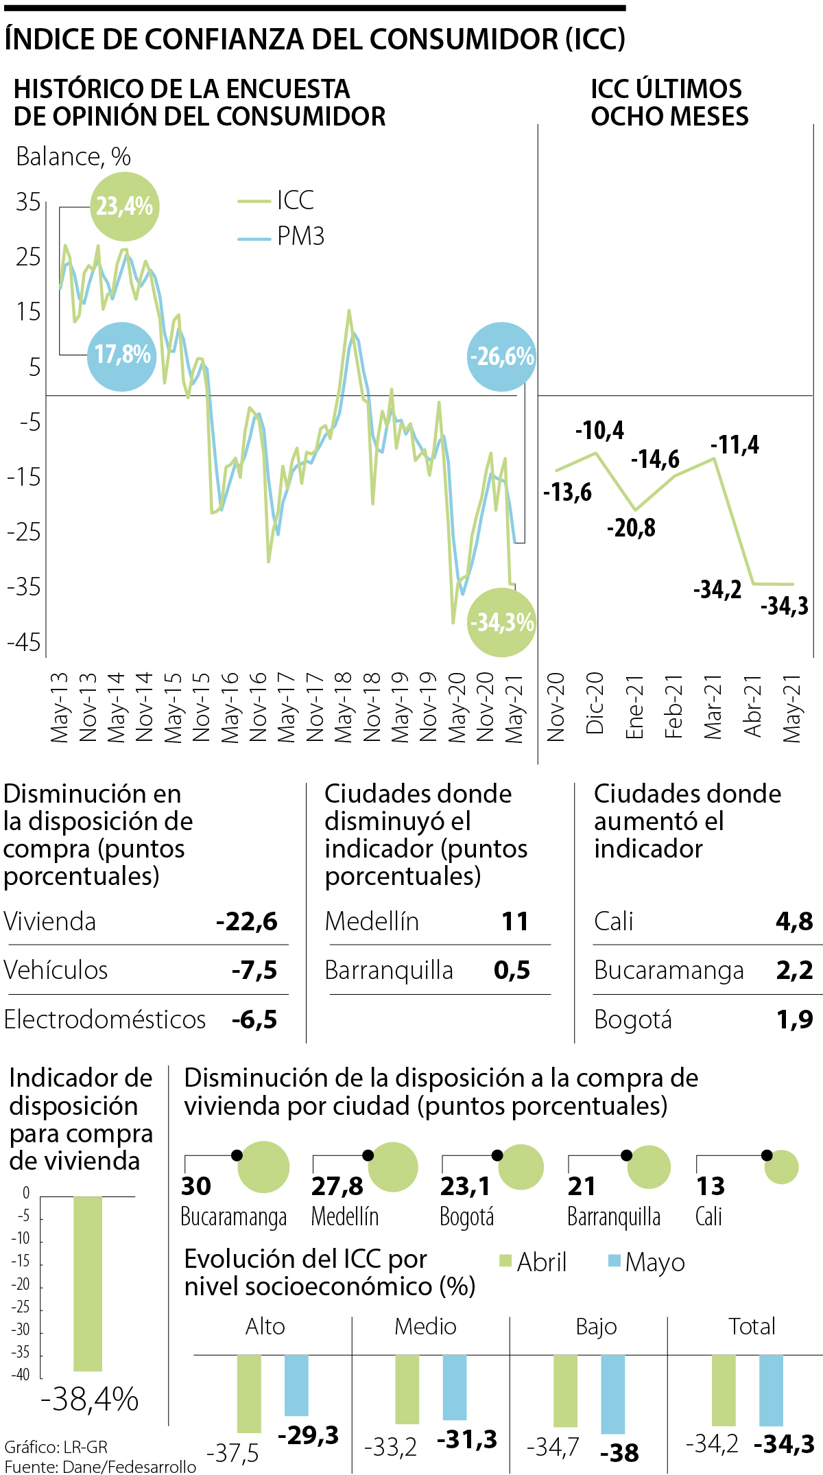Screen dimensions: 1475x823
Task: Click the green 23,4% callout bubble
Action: pos(125,206)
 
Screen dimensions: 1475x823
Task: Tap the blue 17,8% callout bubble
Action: pos(122,356)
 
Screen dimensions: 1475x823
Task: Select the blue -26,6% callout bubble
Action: pos(501,357)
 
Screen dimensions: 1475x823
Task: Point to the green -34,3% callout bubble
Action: pos(501,622)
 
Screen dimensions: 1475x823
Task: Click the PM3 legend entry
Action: pos(282,237)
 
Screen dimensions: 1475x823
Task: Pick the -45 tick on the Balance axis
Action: pos(25,643)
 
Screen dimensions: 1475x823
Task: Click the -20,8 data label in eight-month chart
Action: pos(631,528)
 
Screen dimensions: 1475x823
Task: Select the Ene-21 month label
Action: pos(635,707)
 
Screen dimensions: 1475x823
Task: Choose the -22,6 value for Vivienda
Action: pos(247,921)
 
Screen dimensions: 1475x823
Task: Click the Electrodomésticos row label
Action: pos(105,1020)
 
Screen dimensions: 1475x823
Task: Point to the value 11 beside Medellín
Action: pos(515,921)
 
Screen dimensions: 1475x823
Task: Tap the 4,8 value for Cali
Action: pos(794,921)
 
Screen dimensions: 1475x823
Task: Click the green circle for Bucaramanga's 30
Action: pos(264,1167)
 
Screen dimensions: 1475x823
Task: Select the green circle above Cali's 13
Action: pos(782,1167)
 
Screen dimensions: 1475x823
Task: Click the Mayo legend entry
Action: pos(647,1262)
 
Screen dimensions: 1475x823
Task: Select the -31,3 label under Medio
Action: pos(467,1439)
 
